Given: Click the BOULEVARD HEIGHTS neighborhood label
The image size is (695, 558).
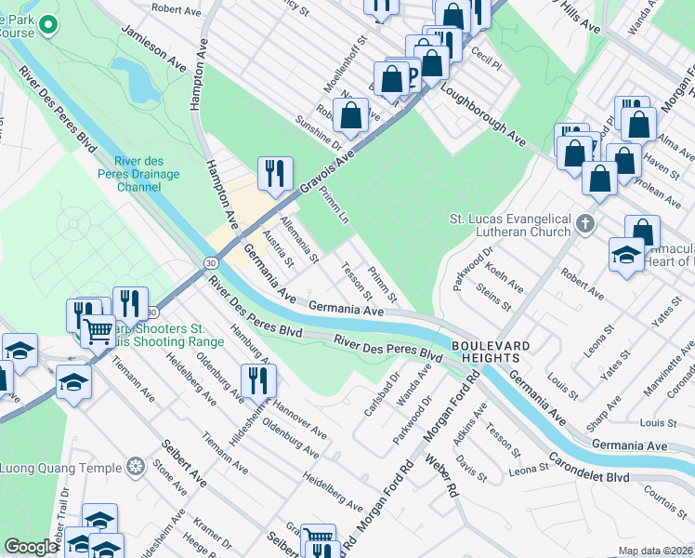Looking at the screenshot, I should (491, 352).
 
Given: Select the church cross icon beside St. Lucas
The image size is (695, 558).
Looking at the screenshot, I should (584, 223).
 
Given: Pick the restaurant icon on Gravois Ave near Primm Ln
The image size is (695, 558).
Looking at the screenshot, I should (276, 174).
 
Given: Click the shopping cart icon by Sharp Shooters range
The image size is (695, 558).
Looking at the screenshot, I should (98, 329).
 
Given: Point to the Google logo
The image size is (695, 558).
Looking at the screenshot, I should (31, 548).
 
